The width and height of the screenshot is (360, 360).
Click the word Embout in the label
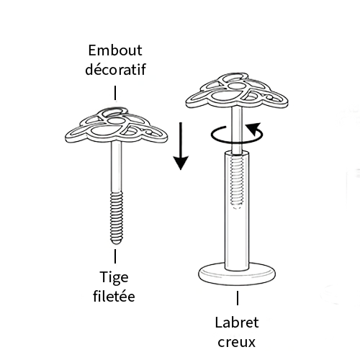pos(114,51)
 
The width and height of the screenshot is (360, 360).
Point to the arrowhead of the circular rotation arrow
pos(252,127)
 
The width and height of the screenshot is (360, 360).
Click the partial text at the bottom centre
pos(238,337)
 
